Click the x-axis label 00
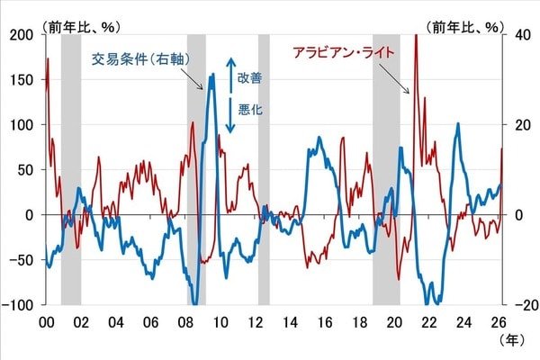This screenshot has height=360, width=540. pyautogui.click(x=46, y=321)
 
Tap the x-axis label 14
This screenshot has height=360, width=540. pyautogui.click(x=291, y=321)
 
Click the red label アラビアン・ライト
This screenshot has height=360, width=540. pyautogui.click(x=345, y=53)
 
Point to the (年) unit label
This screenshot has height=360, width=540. pyautogui.click(x=511, y=342)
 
